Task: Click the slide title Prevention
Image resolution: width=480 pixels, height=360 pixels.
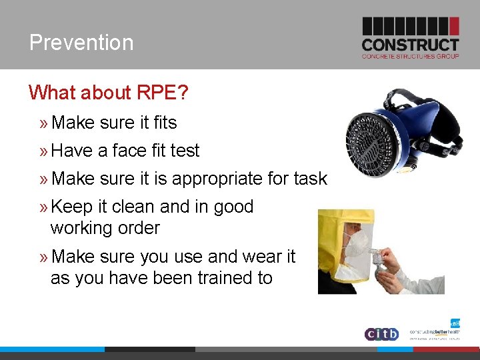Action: (x=81, y=43)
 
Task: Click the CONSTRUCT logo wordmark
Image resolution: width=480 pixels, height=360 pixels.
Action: (x=410, y=45)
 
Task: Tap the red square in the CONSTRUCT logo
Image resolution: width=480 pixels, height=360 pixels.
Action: (x=454, y=26)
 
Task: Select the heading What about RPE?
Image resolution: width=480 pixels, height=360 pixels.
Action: (x=109, y=93)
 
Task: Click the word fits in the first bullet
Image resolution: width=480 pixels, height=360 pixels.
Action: (x=165, y=123)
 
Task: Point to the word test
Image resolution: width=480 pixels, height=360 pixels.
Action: (x=185, y=151)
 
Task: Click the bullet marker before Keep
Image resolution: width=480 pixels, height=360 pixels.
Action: (x=43, y=207)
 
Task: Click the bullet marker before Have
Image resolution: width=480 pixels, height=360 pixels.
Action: (x=43, y=151)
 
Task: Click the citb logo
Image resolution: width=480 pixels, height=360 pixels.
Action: (x=381, y=333)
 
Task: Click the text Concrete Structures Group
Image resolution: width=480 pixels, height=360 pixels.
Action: (x=410, y=57)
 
